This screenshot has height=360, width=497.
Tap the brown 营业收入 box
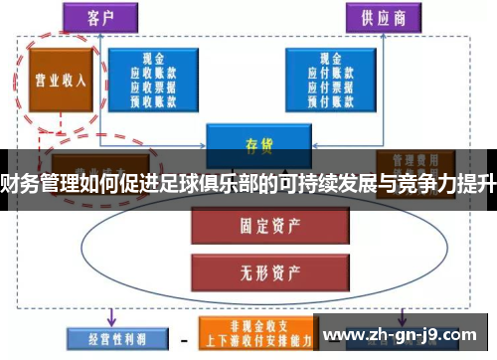[59, 83]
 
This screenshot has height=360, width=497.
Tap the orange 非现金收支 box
[254, 329]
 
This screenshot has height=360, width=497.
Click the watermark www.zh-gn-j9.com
[402, 333]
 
